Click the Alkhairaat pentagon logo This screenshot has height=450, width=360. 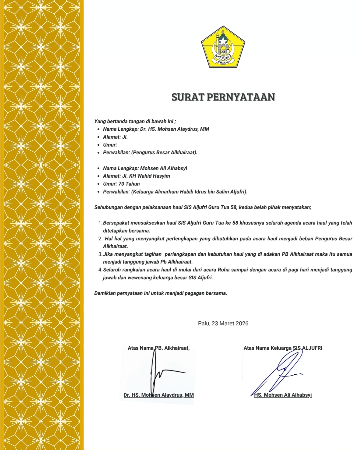pyautogui.click(x=223, y=47)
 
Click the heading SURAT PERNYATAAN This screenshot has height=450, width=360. pyautogui.click(x=223, y=97)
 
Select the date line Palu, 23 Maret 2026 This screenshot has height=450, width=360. pyautogui.click(x=223, y=323)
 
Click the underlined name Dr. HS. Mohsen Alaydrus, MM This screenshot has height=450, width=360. pyautogui.click(x=159, y=395)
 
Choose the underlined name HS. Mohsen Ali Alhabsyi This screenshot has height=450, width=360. pyautogui.click(x=283, y=395)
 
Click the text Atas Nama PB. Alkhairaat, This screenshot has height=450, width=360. pyautogui.click(x=159, y=348)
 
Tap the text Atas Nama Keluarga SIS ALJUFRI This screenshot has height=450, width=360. pyautogui.click(x=283, y=348)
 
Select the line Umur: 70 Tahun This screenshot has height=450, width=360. pyautogui.click(x=121, y=184)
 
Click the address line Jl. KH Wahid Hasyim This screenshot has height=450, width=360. pyautogui.click(x=136, y=176)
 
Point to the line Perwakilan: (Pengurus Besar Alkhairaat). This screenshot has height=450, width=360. pyautogui.click(x=150, y=153)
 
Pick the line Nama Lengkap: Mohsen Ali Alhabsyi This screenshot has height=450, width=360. pyautogui.click(x=145, y=168)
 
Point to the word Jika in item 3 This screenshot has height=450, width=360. pyautogui.click(x=108, y=254)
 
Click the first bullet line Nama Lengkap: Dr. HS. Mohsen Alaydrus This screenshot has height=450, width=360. pyautogui.click(x=156, y=129)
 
